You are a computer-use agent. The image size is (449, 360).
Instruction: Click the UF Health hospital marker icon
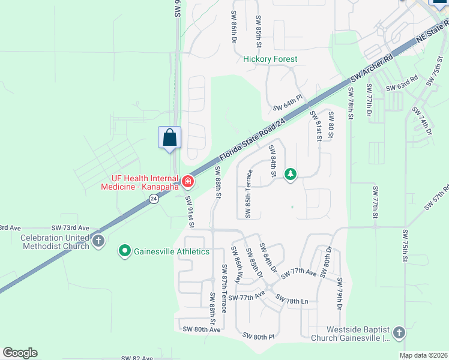pos(188,181)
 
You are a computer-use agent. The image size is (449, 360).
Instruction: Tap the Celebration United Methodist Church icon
pos(98,241)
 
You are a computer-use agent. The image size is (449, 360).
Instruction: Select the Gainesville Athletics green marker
pos(125,251)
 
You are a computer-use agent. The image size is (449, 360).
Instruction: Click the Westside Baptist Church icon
pos(399,333)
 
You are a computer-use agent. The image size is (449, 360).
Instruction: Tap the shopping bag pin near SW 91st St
pos(170,137)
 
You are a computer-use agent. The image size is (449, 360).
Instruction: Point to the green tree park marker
pos(291,175)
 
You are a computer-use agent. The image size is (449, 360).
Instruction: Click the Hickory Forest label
pos(270,59)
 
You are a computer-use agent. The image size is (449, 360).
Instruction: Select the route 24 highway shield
pos(154,199)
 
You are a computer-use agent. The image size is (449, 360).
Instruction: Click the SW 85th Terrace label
pos(249,194)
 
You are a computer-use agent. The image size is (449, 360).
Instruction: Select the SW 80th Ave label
pos(202,329)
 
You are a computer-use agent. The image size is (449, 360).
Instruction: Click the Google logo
pos(20,353)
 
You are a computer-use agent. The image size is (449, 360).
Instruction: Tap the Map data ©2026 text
pos(424,355)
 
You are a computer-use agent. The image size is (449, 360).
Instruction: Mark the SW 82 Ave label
pos(137,358)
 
